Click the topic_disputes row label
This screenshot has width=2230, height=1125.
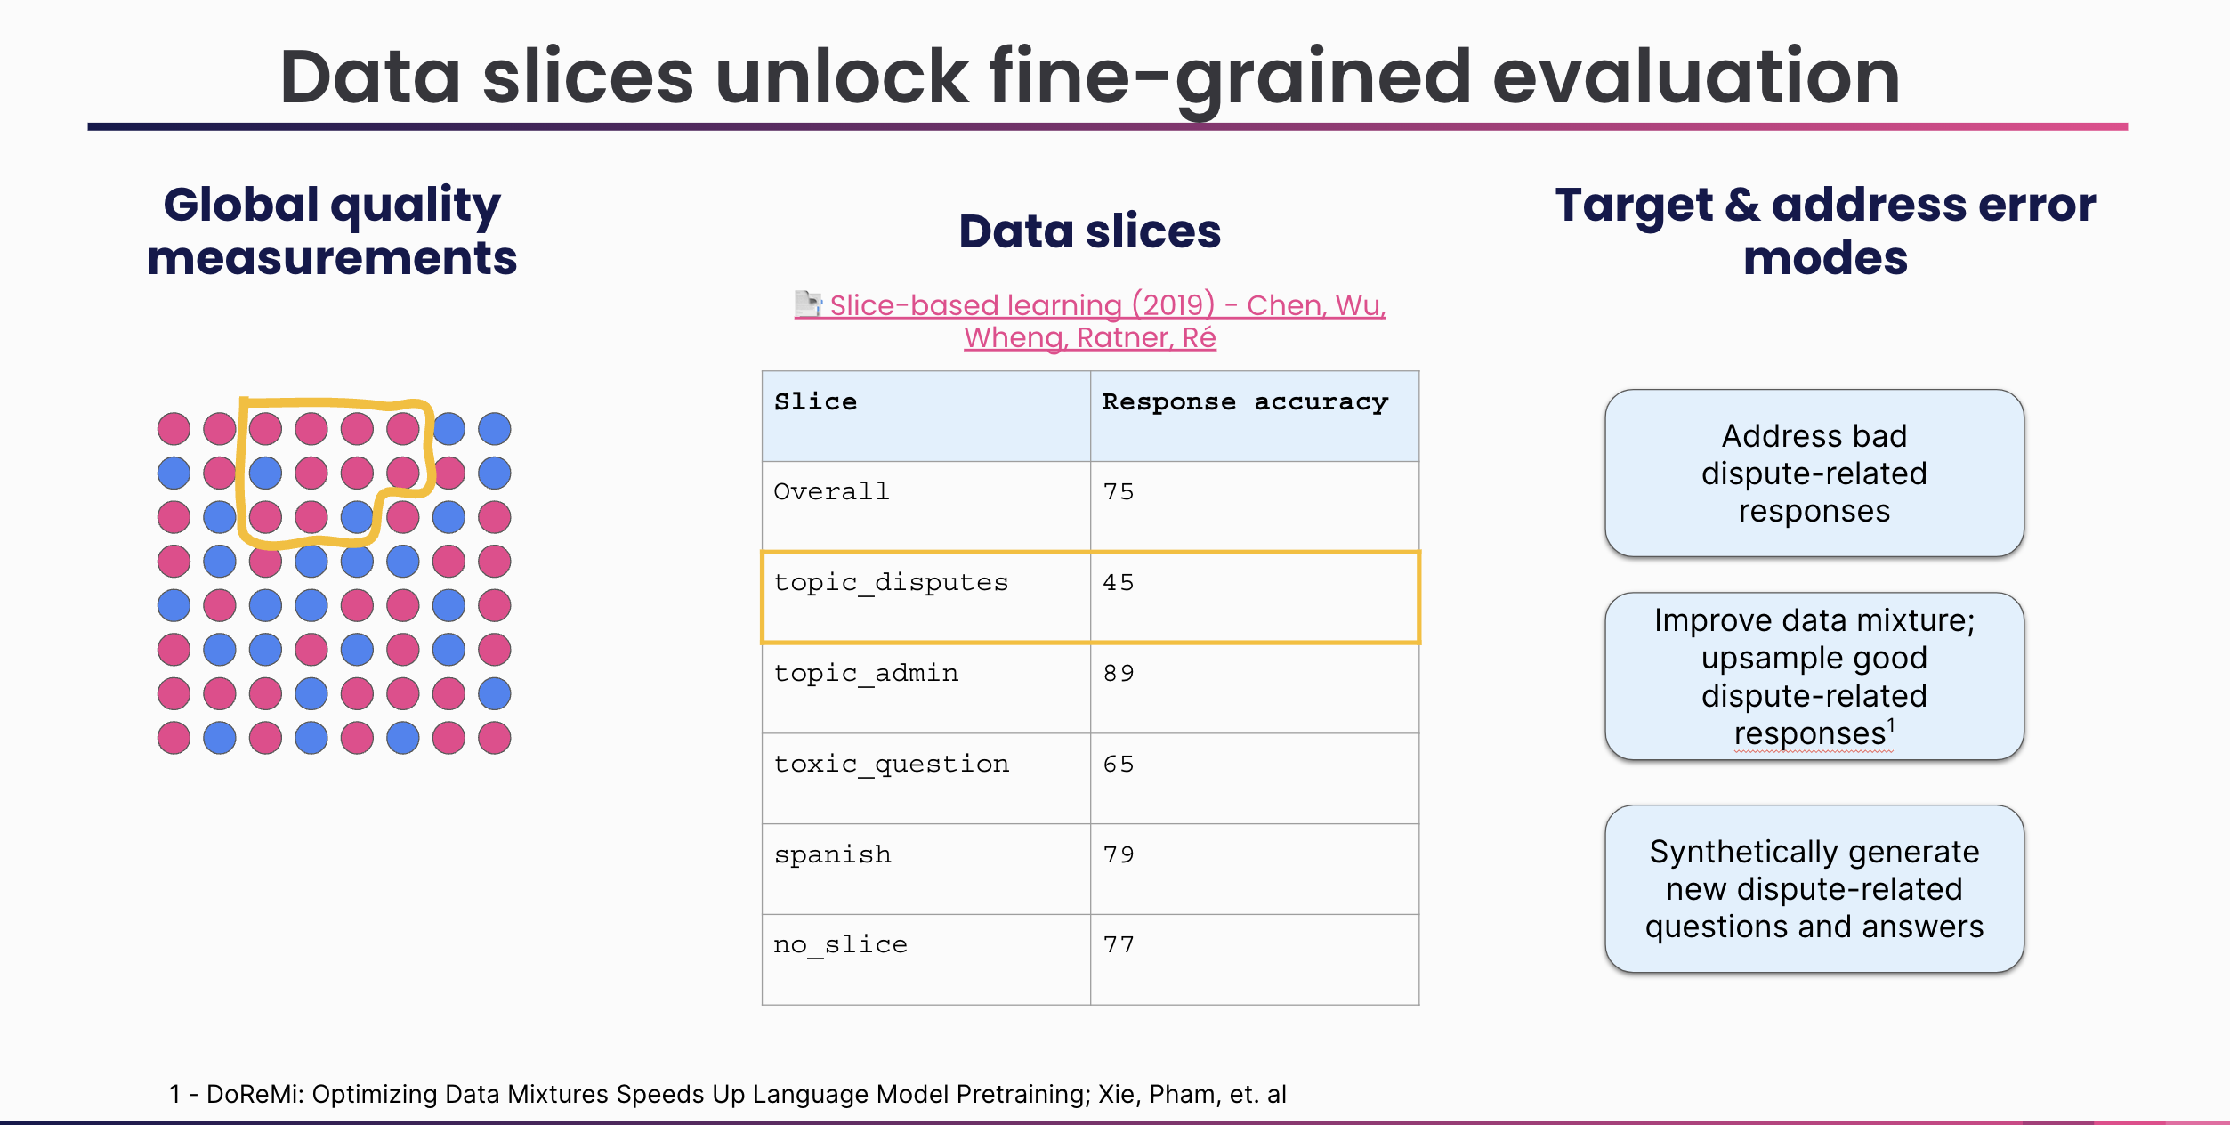point(891,582)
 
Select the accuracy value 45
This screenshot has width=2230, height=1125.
point(1119,582)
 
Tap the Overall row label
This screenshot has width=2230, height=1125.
point(831,491)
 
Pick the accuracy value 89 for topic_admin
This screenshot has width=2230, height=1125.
point(1119,673)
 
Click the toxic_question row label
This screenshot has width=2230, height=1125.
point(891,764)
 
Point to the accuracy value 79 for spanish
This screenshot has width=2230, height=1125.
point(1119,854)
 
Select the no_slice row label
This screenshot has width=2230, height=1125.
point(840,944)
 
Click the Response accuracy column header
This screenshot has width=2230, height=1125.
point(1245,401)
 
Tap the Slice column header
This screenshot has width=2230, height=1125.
point(815,401)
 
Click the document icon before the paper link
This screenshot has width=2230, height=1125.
point(808,304)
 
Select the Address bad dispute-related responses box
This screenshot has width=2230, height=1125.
point(1814,473)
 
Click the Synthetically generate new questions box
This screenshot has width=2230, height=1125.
point(1814,888)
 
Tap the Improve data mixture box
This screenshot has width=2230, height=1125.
point(1814,676)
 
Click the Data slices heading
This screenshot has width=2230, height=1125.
point(1090,231)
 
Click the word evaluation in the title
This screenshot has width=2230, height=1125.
point(1696,77)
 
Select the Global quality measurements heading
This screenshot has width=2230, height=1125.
point(332,231)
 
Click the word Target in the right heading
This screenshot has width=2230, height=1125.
point(1634,206)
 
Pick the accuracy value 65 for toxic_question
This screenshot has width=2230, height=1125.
point(1119,764)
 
